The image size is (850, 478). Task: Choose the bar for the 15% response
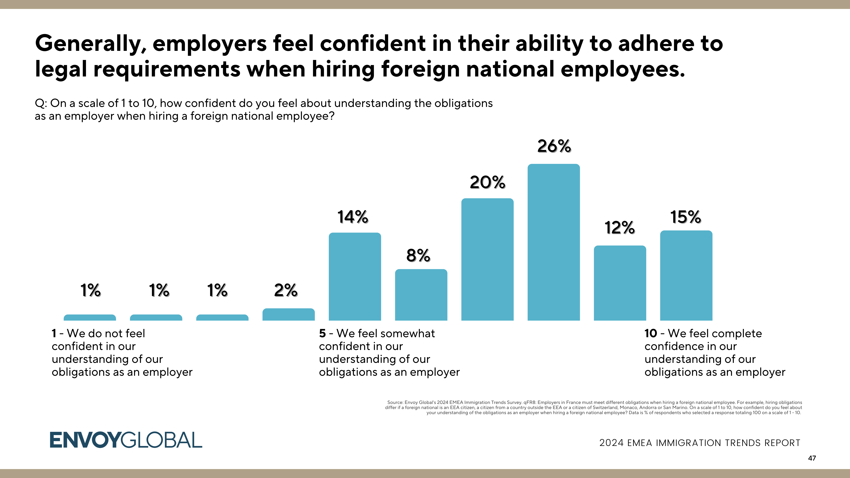click(686, 275)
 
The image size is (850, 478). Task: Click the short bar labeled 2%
click(288, 314)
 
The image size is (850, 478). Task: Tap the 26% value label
click(554, 146)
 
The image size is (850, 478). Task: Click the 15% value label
click(685, 217)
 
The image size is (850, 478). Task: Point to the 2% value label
click(286, 290)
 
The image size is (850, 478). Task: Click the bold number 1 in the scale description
click(54, 334)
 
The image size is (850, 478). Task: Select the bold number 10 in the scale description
click(651, 334)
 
